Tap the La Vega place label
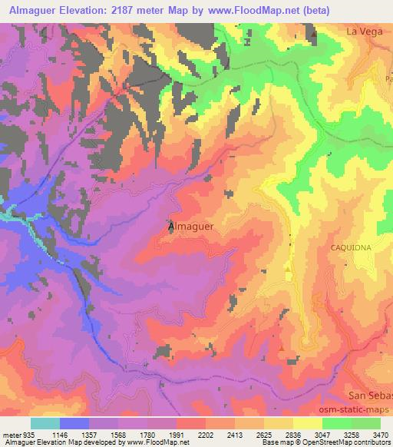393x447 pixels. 364,31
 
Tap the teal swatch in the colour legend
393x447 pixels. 45,423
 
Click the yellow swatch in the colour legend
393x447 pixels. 308,423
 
